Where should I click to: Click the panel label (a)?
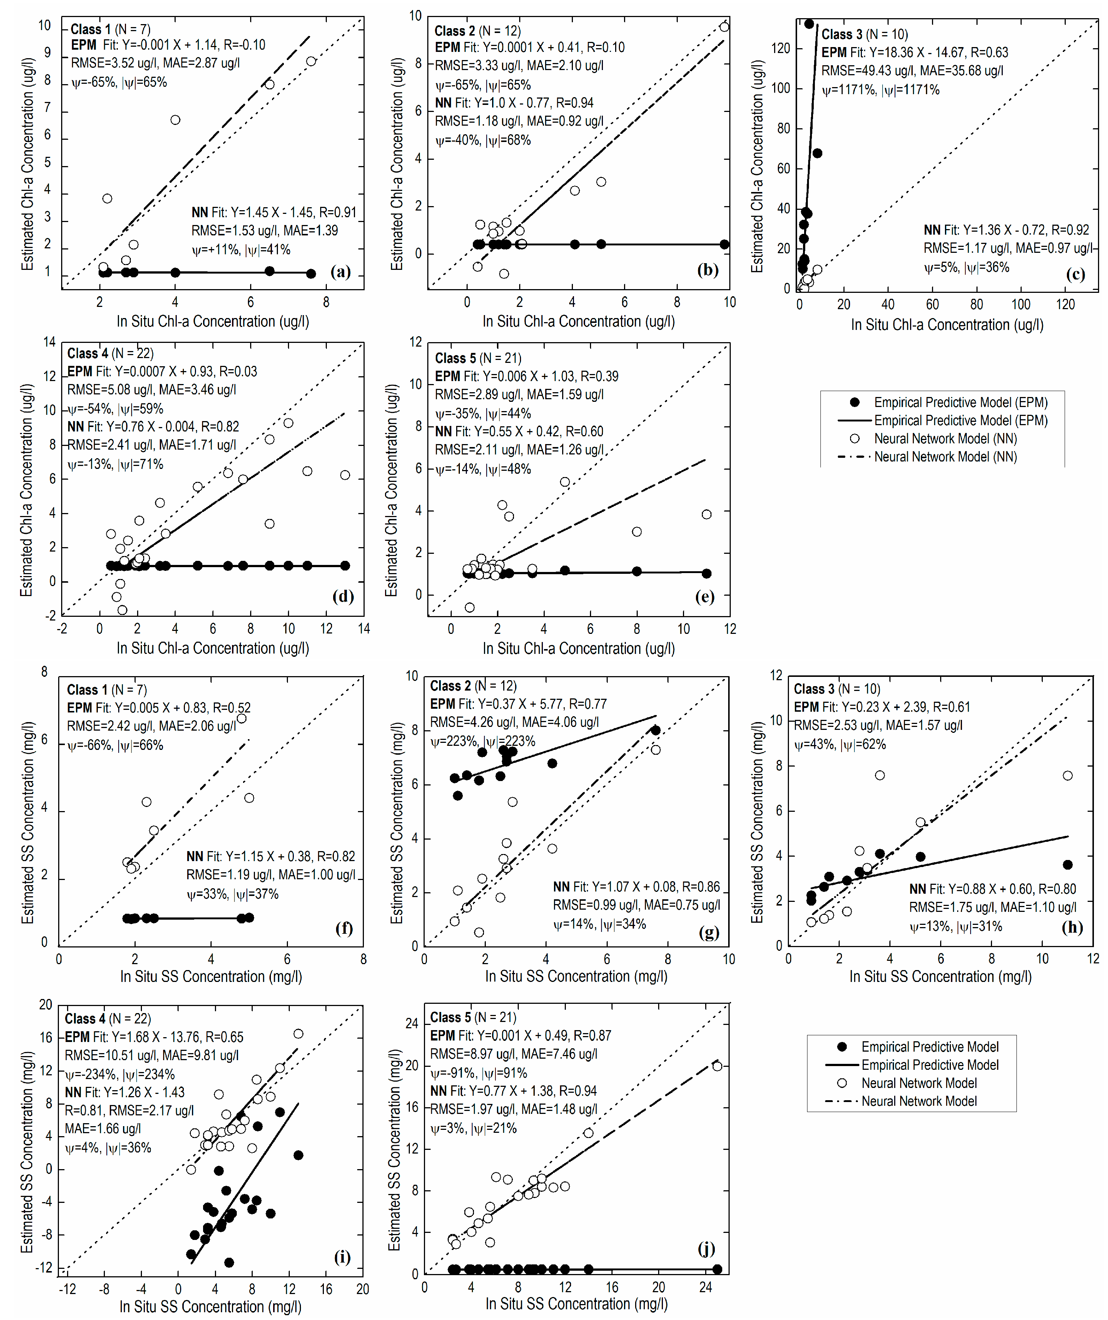(340, 272)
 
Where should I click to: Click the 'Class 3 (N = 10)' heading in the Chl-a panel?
(864, 34)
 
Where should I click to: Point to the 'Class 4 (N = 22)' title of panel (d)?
(110, 353)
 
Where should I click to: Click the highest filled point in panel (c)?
(809, 24)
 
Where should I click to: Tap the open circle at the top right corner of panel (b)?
(724, 26)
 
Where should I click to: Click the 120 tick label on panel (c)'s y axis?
(780, 49)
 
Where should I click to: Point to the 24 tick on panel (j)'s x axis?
(706, 1287)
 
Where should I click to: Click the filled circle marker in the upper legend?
(854, 402)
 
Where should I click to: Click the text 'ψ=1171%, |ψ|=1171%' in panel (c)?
(880, 90)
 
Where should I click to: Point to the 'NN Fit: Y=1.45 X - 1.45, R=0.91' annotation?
(273, 212)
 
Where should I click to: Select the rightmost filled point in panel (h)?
(1067, 865)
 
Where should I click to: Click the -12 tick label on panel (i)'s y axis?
(44, 1267)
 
